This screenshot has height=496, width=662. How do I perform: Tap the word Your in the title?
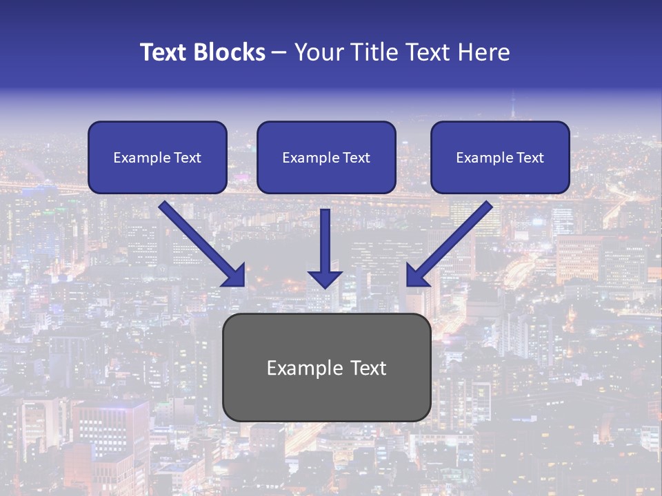[x=319, y=52]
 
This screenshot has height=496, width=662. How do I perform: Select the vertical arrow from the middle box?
[x=325, y=241]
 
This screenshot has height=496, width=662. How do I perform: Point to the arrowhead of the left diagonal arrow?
[x=234, y=276]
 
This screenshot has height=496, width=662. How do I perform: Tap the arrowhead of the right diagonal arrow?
[x=417, y=276]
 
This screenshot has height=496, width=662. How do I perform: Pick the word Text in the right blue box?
[x=530, y=158]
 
